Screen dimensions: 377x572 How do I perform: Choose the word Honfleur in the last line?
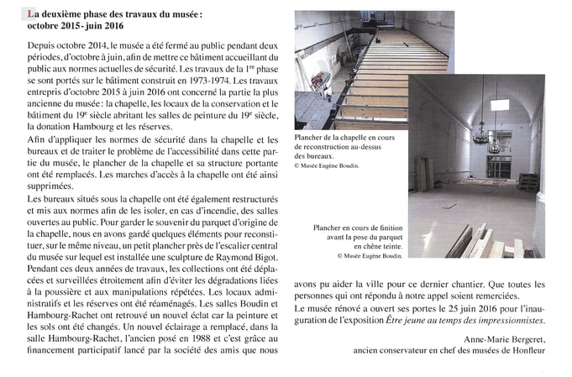(526, 349)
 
